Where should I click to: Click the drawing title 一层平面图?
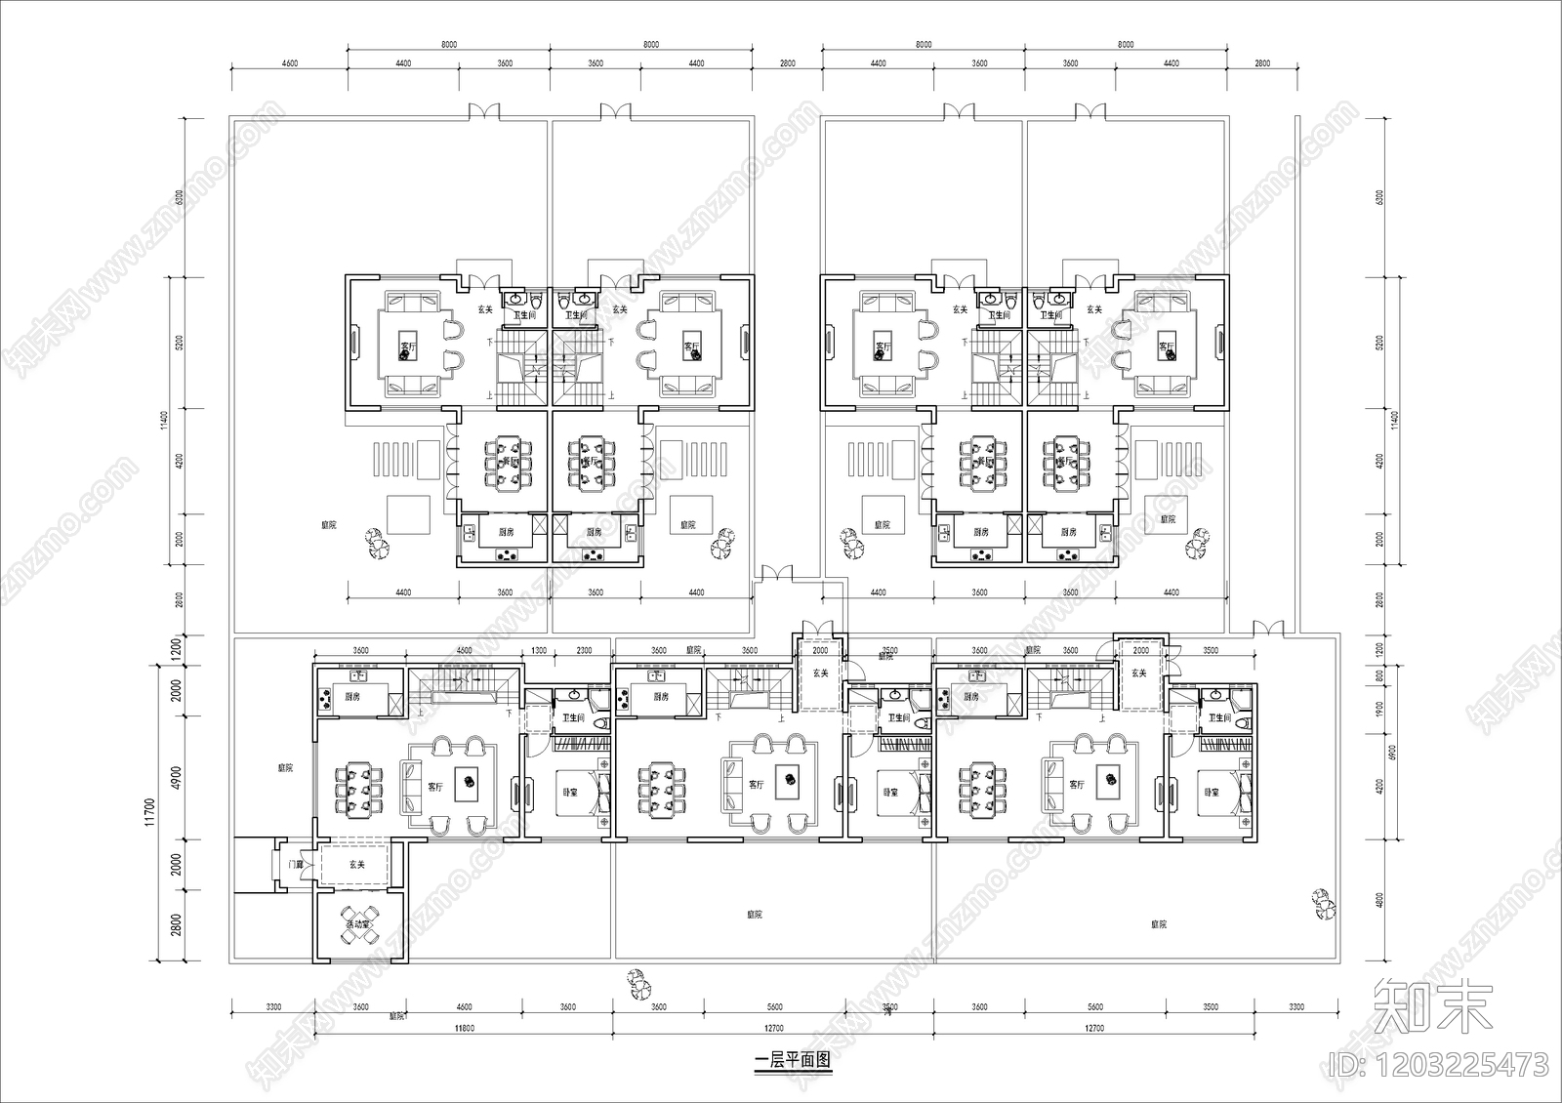click(x=792, y=1060)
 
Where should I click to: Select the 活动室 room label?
click(x=355, y=913)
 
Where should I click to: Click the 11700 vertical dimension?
click(x=150, y=812)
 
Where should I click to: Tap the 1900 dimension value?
click(x=1379, y=709)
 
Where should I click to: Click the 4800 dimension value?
click(x=1379, y=899)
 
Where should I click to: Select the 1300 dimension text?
click(x=539, y=651)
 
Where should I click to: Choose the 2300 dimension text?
click(x=584, y=651)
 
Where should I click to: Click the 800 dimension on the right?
click(x=1379, y=675)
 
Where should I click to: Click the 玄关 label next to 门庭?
click(x=356, y=865)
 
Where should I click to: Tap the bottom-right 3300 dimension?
click(x=1295, y=1006)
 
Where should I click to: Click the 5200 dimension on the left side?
click(x=179, y=344)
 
